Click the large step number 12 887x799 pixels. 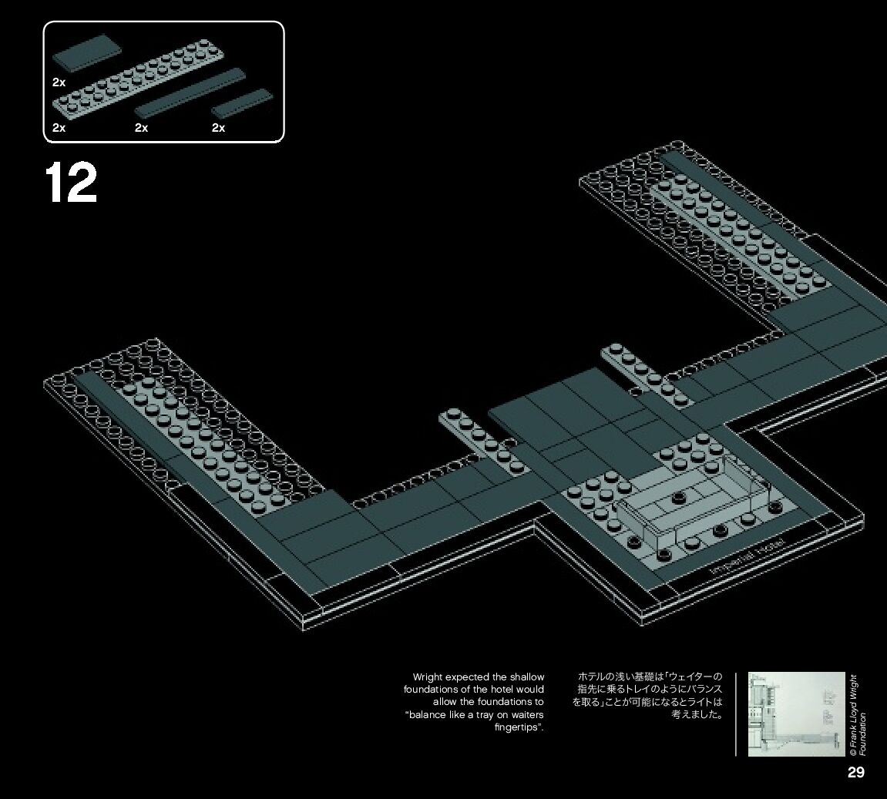(x=71, y=183)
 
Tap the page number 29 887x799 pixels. (x=855, y=773)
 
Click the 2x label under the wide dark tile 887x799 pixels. (x=59, y=81)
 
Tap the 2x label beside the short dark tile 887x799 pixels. (x=218, y=128)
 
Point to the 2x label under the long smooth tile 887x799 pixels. (x=141, y=128)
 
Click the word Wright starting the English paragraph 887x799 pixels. (x=429, y=677)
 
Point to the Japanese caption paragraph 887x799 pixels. (x=647, y=695)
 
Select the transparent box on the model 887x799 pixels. (x=694, y=505)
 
